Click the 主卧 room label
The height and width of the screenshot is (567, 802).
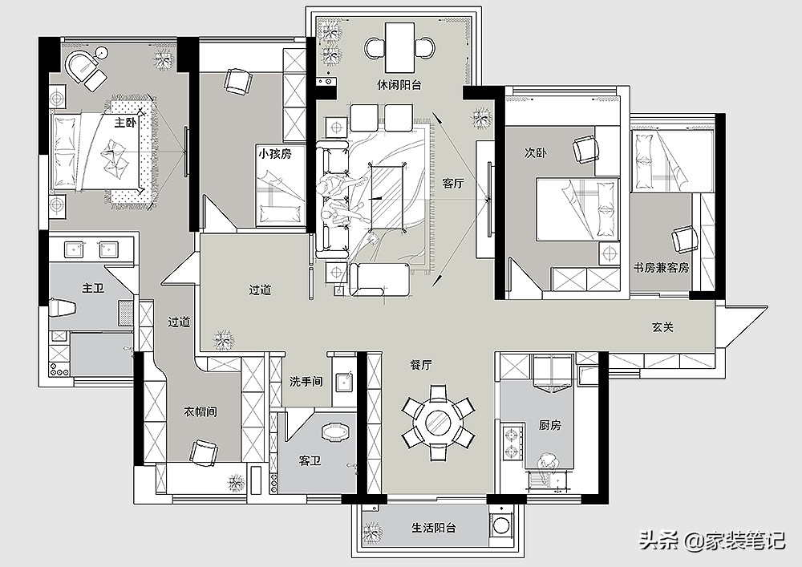[x=125, y=123]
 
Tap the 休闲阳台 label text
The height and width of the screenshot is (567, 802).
[x=399, y=85]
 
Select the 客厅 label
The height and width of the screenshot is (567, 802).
[x=453, y=184]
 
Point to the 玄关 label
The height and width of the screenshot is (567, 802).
[x=663, y=327]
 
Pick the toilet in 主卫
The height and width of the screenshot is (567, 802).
[x=63, y=308]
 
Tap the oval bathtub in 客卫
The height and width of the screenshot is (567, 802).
[x=335, y=431]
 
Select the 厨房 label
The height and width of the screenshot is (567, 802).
[x=550, y=425]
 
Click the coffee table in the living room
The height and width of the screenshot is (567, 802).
[x=388, y=197]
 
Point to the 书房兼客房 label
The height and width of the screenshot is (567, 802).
[x=661, y=267]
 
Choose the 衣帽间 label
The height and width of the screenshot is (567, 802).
[x=200, y=411]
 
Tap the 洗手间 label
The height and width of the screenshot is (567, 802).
[x=306, y=382]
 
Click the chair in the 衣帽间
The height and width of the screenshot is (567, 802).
[x=203, y=453]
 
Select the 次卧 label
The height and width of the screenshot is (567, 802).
[x=536, y=153]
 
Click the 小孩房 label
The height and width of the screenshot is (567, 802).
[x=274, y=153]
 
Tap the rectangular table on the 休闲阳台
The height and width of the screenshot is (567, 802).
[x=399, y=47]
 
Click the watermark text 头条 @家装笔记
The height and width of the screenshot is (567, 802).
[x=712, y=541]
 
